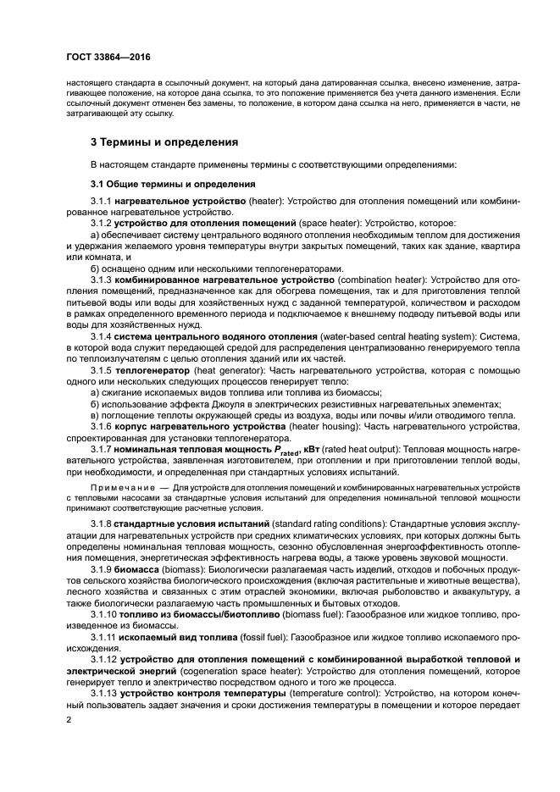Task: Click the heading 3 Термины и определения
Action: coord(164,141)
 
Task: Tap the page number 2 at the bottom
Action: coord(67,720)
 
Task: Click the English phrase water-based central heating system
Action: coord(401,336)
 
